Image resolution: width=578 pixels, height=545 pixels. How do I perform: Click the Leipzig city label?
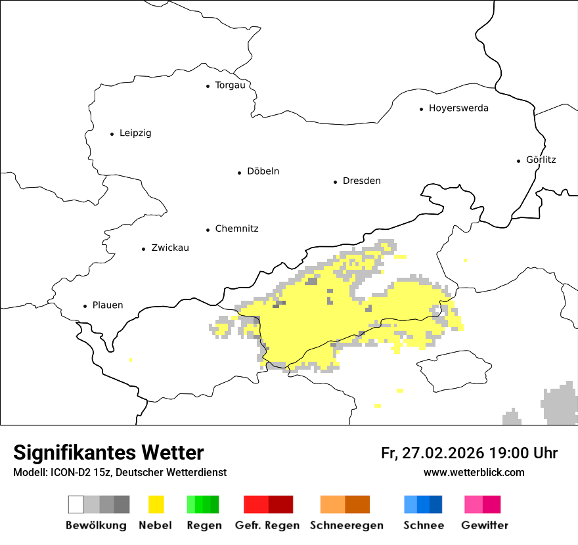point(135,133)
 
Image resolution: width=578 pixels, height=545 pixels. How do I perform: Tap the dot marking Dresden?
point(336,181)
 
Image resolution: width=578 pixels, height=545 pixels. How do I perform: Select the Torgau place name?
point(230,85)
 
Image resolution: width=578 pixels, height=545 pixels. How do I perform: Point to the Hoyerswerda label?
point(458,108)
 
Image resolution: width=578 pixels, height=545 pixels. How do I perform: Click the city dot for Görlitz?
point(519,160)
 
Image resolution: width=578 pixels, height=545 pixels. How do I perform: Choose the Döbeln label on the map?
point(263,171)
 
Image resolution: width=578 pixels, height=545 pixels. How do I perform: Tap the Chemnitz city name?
point(236,229)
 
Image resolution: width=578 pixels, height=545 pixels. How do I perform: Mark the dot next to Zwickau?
point(144,249)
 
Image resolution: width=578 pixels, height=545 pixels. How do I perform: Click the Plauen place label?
point(108,305)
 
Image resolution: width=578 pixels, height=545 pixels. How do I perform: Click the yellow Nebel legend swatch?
point(156,504)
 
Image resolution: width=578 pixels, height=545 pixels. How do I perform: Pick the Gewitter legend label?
point(485,525)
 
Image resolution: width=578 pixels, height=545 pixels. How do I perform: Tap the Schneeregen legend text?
point(347,525)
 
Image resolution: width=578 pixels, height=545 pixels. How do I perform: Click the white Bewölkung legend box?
point(76,504)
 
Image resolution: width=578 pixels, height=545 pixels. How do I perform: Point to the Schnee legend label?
point(424,525)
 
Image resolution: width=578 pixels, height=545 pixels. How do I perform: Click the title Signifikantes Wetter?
point(108,453)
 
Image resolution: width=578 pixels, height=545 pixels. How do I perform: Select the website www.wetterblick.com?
point(474,473)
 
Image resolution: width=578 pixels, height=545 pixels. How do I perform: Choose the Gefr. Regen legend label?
point(267,525)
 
